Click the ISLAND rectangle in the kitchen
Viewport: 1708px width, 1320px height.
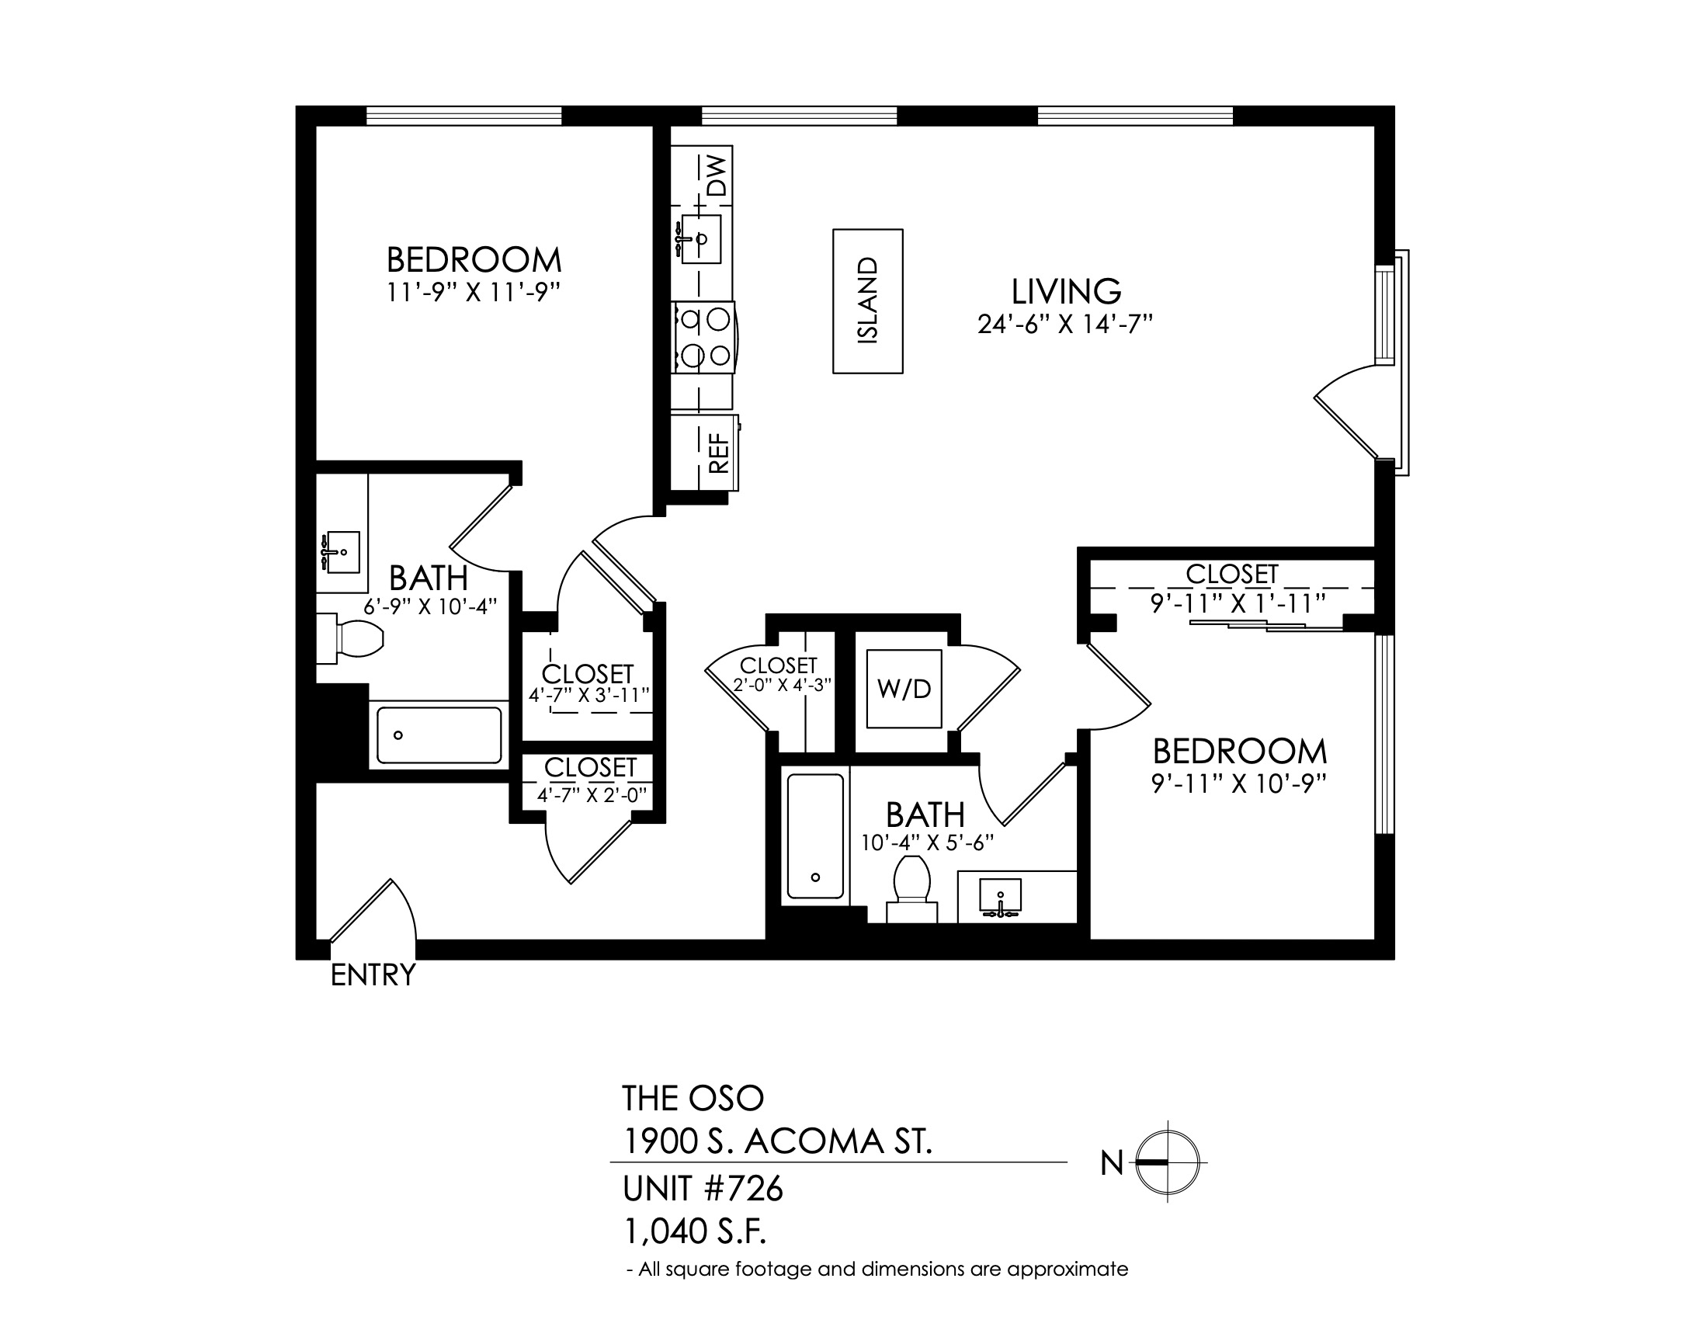[867, 301]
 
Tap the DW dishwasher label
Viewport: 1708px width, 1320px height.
[717, 175]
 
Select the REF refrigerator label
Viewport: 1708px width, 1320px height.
[718, 453]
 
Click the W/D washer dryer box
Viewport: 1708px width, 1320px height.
[904, 689]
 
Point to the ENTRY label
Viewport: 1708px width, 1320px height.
[373, 975]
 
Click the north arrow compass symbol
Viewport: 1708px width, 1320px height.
[1167, 1162]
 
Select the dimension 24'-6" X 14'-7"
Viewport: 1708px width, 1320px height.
[1065, 324]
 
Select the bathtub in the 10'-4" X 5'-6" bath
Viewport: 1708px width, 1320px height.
[815, 836]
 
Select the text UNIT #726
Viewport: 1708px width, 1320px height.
[703, 1190]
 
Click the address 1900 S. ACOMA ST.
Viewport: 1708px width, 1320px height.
[776, 1142]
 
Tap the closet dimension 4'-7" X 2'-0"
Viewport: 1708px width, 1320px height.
[592, 794]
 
